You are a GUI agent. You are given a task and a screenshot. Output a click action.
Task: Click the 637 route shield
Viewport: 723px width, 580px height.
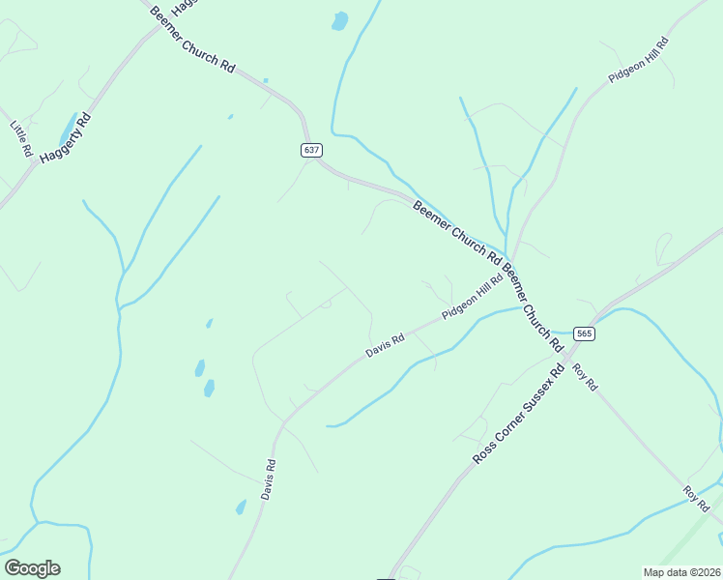tap(310, 150)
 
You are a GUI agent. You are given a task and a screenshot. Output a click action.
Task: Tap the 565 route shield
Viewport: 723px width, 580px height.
tap(583, 333)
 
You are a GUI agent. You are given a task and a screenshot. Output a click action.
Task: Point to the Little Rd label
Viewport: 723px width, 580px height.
tap(22, 139)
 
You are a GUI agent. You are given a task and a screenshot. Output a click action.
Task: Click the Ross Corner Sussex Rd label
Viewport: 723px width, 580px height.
tap(518, 414)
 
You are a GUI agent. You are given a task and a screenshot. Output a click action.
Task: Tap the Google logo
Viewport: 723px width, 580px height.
tap(32, 568)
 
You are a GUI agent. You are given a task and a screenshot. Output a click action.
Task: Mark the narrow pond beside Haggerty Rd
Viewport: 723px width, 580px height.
tap(68, 129)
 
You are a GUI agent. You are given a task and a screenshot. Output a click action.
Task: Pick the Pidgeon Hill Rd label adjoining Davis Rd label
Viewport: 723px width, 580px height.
tap(473, 297)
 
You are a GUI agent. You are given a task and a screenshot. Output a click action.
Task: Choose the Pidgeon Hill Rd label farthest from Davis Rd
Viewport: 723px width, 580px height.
tap(639, 60)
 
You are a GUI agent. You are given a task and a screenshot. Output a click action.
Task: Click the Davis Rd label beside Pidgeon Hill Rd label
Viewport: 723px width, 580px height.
tap(385, 345)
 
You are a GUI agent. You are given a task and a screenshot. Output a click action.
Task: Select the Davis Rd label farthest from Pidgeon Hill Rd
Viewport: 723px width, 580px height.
tap(269, 478)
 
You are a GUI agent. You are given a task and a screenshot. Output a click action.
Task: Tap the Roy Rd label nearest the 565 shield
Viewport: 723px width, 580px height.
tap(585, 376)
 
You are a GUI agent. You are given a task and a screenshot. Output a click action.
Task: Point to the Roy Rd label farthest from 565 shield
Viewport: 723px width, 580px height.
tap(697, 499)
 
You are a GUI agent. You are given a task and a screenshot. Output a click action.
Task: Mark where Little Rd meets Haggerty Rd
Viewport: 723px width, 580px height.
tap(39, 161)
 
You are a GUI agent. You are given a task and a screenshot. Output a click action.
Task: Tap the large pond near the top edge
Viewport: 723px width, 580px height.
tap(339, 21)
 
